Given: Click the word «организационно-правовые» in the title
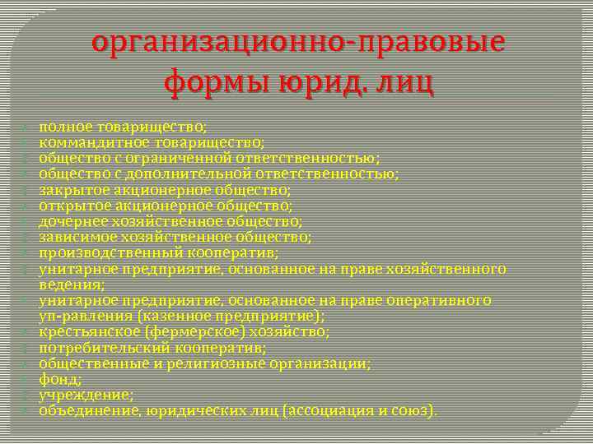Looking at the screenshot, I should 298,42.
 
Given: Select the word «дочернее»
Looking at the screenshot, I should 72,221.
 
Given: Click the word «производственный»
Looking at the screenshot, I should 99,252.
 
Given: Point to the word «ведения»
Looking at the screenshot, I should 69,284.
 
